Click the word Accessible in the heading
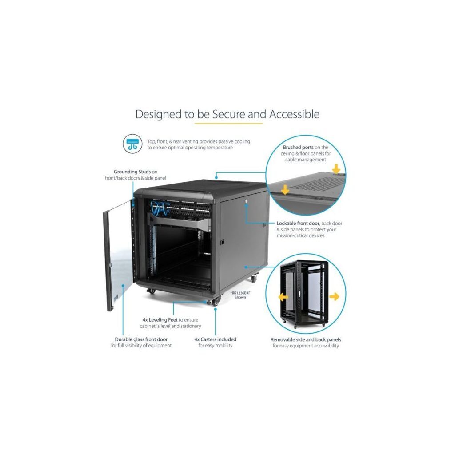point(294,114)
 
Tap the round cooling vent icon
point(132,144)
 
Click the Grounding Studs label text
point(132,172)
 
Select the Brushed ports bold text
point(298,148)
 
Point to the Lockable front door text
point(298,224)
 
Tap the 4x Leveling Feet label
point(160,320)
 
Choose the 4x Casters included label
point(216,339)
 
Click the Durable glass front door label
point(141,339)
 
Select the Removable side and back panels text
point(306,339)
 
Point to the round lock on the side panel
point(246,200)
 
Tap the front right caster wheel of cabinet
point(216,302)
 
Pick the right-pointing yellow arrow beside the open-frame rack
point(334,296)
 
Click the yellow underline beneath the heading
point(228,124)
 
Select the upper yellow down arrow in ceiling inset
point(336,169)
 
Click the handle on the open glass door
point(110,265)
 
